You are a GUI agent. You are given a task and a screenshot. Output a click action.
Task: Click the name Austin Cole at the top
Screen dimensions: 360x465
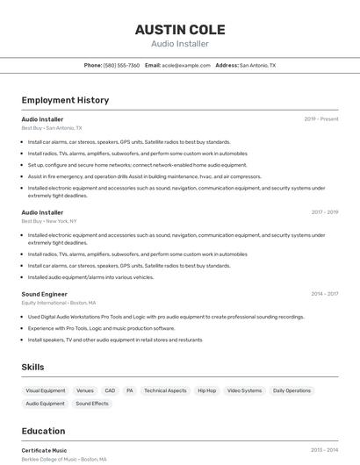click(x=179, y=29)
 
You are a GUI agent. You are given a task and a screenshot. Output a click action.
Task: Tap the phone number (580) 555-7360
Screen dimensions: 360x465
click(x=121, y=65)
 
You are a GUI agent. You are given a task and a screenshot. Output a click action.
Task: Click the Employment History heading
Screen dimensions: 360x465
click(x=65, y=100)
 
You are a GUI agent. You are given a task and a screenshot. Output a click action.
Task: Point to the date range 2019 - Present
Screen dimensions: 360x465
click(x=321, y=119)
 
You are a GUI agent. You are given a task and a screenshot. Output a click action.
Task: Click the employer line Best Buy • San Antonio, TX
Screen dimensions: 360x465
click(x=51, y=128)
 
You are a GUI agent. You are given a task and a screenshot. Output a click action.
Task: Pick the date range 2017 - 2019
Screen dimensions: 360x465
click(x=325, y=212)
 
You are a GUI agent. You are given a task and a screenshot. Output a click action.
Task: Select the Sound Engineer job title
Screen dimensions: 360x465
click(x=44, y=295)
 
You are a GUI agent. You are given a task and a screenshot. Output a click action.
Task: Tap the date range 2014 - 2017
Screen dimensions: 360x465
click(x=325, y=295)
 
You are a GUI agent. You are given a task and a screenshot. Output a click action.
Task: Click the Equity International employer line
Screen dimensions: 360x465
click(x=59, y=303)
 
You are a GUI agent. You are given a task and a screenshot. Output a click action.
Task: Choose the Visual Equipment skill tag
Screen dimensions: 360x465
click(x=46, y=390)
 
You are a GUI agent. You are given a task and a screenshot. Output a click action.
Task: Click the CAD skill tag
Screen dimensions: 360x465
click(x=110, y=390)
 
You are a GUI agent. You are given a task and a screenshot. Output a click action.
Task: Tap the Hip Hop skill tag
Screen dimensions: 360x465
click(x=206, y=390)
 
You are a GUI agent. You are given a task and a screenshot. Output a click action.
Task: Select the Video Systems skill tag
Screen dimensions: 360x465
click(x=244, y=390)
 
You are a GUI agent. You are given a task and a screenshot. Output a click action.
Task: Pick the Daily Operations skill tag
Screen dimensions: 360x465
click(x=292, y=390)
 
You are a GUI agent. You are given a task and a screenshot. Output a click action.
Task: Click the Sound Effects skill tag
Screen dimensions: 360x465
click(x=92, y=404)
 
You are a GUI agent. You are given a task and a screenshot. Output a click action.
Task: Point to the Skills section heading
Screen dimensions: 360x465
click(x=33, y=367)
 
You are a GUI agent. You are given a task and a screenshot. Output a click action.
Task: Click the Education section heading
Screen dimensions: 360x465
click(x=43, y=431)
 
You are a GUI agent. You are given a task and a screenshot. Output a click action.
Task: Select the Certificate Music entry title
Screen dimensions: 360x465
click(x=44, y=450)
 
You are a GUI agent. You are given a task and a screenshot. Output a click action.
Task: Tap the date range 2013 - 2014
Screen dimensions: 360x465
click(x=325, y=450)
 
